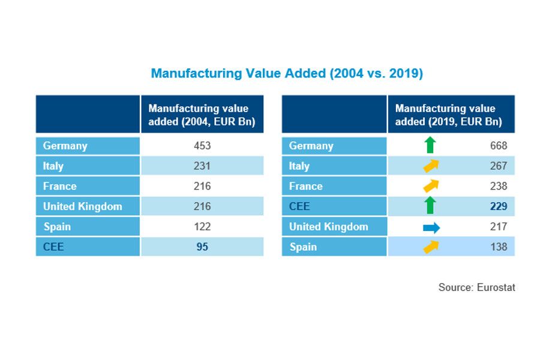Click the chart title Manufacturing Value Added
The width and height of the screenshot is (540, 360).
click(287, 74)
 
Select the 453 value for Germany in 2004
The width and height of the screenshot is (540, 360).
click(202, 146)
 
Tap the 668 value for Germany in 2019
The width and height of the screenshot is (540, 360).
click(498, 146)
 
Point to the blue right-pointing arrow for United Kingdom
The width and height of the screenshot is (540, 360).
click(431, 227)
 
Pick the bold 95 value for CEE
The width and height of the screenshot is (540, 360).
click(202, 247)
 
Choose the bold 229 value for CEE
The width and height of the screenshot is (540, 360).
click(498, 206)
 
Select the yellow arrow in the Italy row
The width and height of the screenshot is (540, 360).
click(431, 166)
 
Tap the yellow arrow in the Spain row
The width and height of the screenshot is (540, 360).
click(431, 247)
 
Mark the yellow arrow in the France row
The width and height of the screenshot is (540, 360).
click(431, 186)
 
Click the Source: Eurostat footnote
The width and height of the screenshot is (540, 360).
click(476, 287)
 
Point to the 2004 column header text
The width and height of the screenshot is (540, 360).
click(202, 115)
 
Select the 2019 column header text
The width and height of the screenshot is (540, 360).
click(448, 115)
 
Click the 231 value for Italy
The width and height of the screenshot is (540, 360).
click(202, 166)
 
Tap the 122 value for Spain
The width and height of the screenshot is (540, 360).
click(202, 227)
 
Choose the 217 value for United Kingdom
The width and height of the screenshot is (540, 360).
click(498, 227)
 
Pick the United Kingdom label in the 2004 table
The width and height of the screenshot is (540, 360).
click(82, 206)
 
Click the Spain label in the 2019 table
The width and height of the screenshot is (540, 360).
click(303, 247)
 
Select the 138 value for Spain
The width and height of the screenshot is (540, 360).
click(498, 247)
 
